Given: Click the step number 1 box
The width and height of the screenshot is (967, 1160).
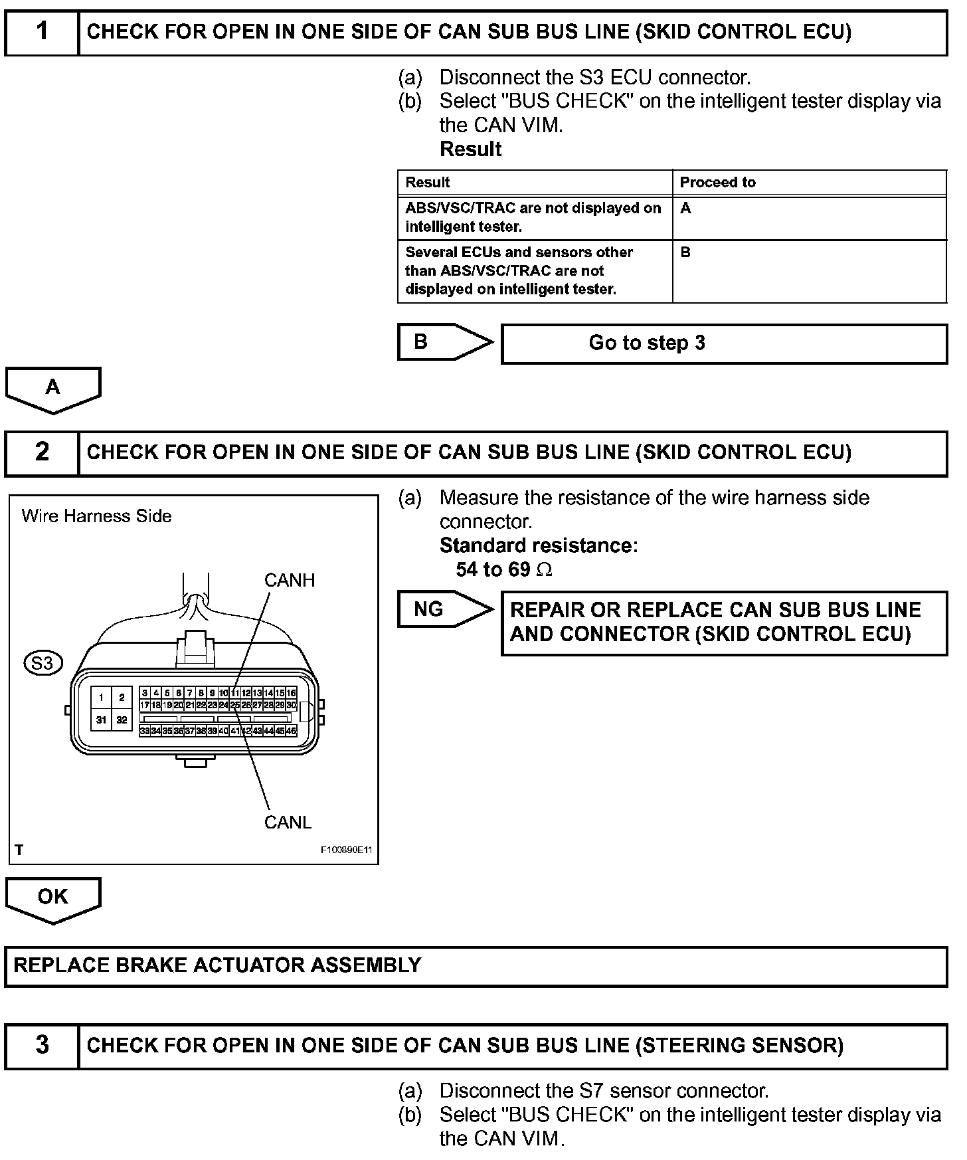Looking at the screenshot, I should [x=42, y=32].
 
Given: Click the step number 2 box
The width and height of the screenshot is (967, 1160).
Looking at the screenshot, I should [x=42, y=452].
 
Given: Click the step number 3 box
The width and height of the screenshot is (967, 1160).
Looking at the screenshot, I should [x=42, y=1045].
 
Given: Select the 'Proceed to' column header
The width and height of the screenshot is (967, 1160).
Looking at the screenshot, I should [x=717, y=183].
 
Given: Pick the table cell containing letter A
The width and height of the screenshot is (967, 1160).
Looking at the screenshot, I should [x=809, y=217].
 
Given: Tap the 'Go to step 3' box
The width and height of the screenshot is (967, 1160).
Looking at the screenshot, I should [x=723, y=343].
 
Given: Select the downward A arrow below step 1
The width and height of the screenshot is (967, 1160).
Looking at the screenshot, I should [x=53, y=389].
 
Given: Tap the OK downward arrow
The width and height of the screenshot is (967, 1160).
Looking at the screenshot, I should [x=53, y=899].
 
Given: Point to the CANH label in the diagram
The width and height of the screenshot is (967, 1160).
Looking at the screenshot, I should [x=289, y=581].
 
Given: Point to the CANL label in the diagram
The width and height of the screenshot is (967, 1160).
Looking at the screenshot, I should [x=288, y=822].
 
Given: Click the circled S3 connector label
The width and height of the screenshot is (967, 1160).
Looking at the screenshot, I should [x=43, y=663].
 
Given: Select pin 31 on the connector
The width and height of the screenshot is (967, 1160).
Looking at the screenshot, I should [x=101, y=720].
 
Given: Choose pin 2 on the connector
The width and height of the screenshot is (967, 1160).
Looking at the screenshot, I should [x=122, y=698].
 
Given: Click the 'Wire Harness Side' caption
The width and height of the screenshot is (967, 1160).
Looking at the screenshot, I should [x=96, y=516].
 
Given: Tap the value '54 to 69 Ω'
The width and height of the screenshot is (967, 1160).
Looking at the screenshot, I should [x=503, y=569].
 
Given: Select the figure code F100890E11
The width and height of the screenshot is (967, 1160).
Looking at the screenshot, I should [x=346, y=850].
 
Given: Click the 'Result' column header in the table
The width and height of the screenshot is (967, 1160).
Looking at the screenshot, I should [x=428, y=183].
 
